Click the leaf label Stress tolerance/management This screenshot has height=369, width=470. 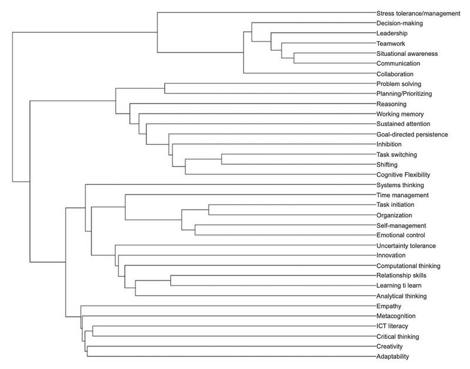418,14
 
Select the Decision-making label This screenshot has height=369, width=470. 399,24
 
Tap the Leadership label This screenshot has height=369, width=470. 392,34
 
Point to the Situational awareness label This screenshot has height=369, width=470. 407,54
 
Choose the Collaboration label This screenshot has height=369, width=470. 395,74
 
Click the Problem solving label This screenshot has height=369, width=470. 399,84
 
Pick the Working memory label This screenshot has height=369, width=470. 400,114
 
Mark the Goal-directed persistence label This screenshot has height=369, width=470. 412,135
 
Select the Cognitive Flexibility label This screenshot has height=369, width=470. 403,175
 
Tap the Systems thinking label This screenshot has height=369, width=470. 400,185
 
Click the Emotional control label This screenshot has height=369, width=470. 401,235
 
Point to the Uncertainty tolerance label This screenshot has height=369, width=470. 406,245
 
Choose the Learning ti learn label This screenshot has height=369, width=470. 399,285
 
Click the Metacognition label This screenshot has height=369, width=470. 396,316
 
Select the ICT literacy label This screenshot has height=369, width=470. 392,326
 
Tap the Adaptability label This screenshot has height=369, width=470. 392,357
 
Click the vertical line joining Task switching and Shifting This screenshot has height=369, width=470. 221,159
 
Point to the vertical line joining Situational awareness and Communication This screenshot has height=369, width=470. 294,58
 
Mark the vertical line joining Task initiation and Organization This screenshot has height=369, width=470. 209,210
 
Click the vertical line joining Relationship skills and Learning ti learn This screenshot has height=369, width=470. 170,280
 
